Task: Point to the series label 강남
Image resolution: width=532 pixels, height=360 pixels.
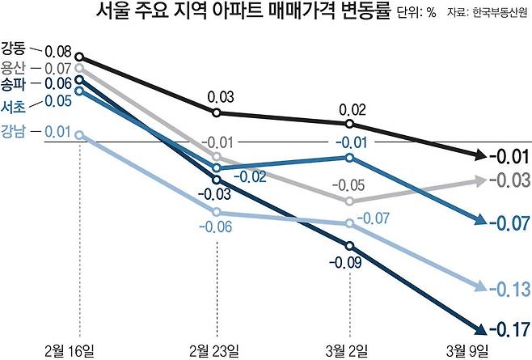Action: pos(13,133)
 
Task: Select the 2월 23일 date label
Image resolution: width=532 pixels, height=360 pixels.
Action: pos(215,349)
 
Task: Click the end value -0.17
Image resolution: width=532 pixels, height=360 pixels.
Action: pos(509,328)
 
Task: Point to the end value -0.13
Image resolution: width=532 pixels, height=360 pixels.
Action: pos(509,288)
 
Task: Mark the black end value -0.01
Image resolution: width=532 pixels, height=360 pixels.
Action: pos(509,156)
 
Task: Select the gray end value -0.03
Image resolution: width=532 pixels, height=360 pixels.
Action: pos(509,180)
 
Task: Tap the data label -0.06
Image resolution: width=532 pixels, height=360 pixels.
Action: pos(215,228)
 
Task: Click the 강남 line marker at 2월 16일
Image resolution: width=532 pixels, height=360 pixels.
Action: pos(80,134)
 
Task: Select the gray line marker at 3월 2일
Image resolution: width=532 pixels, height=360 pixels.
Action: pos(349,201)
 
